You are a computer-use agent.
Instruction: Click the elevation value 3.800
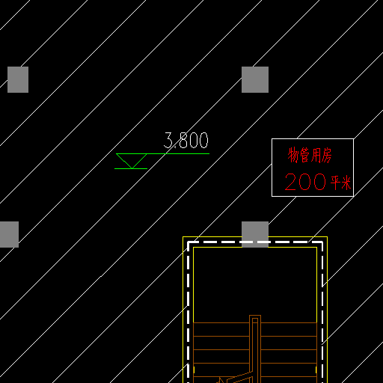pyautogui.click(x=186, y=140)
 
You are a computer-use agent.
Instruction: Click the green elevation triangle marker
pyautogui.click(x=132, y=161)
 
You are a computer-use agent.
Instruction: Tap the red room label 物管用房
pyautogui.click(x=310, y=155)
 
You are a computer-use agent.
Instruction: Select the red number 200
pyautogui.click(x=305, y=182)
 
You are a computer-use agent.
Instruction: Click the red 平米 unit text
pyautogui.click(x=341, y=183)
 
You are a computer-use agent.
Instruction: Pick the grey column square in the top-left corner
pyautogui.click(x=18, y=79)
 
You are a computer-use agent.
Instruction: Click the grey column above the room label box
pyautogui.click(x=255, y=79)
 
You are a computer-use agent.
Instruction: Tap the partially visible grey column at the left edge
pyautogui.click(x=9, y=234)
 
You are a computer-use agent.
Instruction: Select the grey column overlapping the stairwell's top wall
pyautogui.click(x=255, y=234)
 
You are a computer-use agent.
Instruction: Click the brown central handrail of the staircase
pyautogui.click(x=255, y=349)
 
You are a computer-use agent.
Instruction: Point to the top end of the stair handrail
pyautogui.click(x=255, y=316)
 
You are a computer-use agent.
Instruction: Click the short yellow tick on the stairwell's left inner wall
pyautogui.click(x=194, y=370)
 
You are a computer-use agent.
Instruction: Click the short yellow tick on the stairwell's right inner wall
pyautogui.click(x=316, y=370)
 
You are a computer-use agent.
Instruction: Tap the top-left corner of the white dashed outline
pyautogui.click(x=189, y=242)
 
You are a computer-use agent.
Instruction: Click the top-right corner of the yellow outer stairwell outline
pyautogui.click(x=327, y=236)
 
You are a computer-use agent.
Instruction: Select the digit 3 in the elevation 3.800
pyautogui.click(x=168, y=140)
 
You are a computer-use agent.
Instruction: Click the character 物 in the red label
pyautogui.click(x=293, y=155)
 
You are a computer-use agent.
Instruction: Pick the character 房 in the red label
pyautogui.click(x=327, y=155)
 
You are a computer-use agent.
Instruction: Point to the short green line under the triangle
pyautogui.click(x=131, y=169)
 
